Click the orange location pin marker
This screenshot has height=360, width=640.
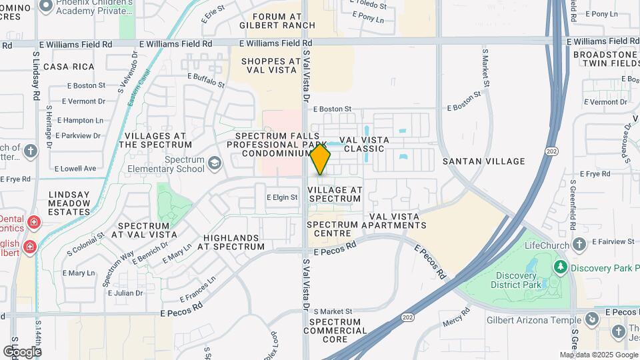pyautogui.click(x=320, y=160)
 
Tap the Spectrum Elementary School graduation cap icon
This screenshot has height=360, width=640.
pyautogui.click(x=215, y=163)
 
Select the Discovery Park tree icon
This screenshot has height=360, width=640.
pyautogui.click(x=561, y=267)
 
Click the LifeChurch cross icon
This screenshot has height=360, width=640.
pyautogui.click(x=579, y=244)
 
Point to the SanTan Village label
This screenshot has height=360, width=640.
pyautogui.click(x=483, y=161)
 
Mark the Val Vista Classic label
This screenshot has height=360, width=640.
pyautogui.click(x=362, y=144)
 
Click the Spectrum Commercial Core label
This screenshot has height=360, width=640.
pyautogui.click(x=335, y=331)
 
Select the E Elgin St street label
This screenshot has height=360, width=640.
pyautogui.click(x=281, y=197)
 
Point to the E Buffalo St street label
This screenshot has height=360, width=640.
pyautogui.click(x=206, y=81)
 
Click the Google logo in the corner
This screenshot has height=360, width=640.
pyautogui.click(x=22, y=351)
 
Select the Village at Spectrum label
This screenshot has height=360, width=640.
pyautogui.click(x=335, y=194)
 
